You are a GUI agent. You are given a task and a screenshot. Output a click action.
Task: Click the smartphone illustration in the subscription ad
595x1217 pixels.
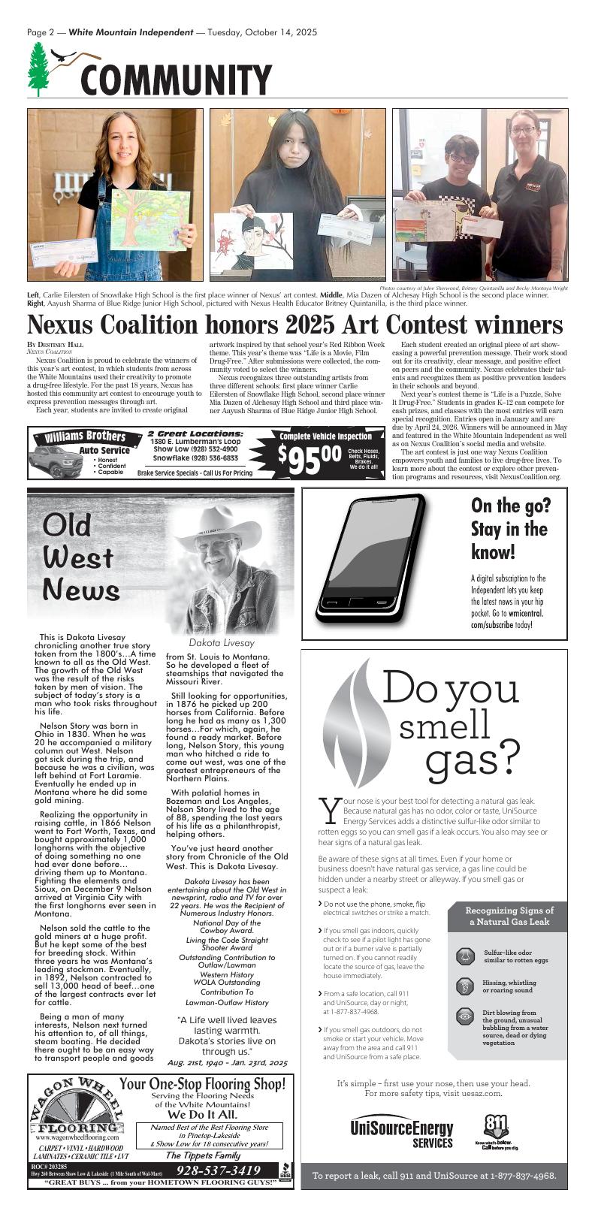click(x=374, y=557)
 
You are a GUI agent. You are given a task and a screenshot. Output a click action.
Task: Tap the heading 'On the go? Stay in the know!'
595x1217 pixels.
click(x=509, y=529)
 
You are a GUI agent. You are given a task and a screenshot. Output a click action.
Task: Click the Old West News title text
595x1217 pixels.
click(x=80, y=557)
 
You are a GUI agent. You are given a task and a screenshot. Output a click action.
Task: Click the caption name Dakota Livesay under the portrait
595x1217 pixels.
click(x=222, y=643)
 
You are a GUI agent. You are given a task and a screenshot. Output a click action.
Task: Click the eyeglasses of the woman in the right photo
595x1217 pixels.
click(x=524, y=130)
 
